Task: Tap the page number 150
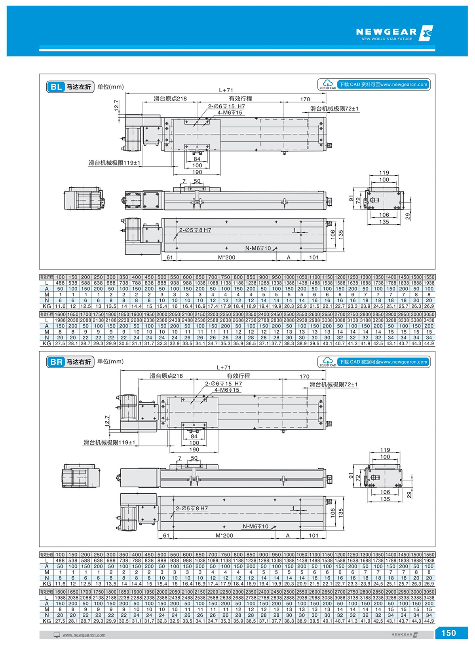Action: point(448,633)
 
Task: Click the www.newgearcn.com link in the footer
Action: point(84,635)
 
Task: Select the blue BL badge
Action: point(56,87)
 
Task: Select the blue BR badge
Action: point(56,362)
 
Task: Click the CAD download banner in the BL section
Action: point(383,84)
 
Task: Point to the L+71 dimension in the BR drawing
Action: point(224,367)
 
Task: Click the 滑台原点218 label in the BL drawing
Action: point(170,98)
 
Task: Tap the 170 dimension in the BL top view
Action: point(305,99)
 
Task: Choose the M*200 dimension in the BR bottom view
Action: point(224,535)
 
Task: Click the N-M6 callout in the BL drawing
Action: point(258,248)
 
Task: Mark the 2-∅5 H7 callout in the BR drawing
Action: point(192,508)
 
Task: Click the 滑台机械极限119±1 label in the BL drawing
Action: point(114,163)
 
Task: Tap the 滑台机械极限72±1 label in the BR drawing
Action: point(333,384)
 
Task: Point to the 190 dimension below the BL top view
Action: point(197,172)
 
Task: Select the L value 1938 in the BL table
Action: point(429,283)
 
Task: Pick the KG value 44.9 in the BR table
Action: point(429,621)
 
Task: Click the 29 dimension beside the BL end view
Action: point(408,216)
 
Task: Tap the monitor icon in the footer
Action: point(57,635)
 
